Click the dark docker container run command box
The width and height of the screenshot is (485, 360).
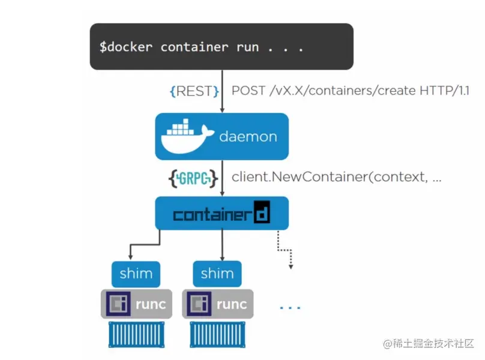pyautogui.click(x=221, y=46)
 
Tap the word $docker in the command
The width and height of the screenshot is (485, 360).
pyautogui.click(x=127, y=47)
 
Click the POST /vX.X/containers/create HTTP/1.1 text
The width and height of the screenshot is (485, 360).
pyautogui.click(x=350, y=91)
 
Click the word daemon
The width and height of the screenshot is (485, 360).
pyautogui.click(x=248, y=137)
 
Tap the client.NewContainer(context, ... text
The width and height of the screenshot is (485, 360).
pyautogui.click(x=336, y=178)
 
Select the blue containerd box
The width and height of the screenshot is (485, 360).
pyautogui.click(x=221, y=213)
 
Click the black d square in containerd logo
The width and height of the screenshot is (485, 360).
pyautogui.click(x=262, y=214)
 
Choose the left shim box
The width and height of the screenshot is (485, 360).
pyautogui.click(x=136, y=274)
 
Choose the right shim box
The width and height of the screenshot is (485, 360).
pyautogui.click(x=217, y=274)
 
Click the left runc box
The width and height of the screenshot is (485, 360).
pyautogui.click(x=136, y=304)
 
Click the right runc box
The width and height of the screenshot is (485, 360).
pyautogui.click(x=217, y=304)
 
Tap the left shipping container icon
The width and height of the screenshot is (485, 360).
pyautogui.click(x=136, y=334)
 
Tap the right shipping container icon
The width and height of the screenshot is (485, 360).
pyautogui.click(x=217, y=334)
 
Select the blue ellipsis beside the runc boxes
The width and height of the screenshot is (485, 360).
pyautogui.click(x=290, y=308)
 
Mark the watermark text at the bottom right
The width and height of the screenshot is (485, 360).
pyautogui.click(x=429, y=343)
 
